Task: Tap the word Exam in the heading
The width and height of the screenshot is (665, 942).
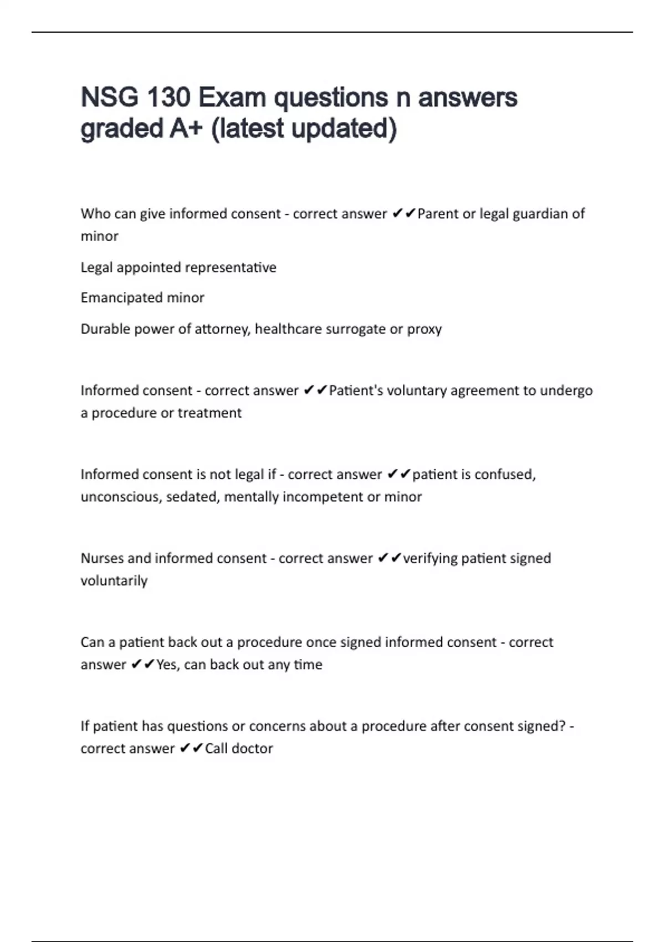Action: (x=232, y=98)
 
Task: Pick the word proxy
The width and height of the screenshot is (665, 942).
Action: (x=424, y=330)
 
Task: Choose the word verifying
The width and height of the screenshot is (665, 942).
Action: (x=429, y=559)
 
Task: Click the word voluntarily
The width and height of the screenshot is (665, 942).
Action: (x=114, y=581)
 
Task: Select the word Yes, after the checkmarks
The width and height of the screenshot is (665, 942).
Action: (x=168, y=665)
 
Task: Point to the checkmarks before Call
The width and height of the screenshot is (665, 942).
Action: (x=191, y=749)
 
